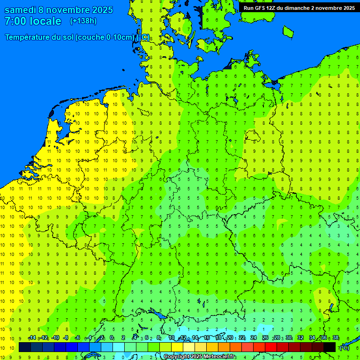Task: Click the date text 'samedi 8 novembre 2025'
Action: [59, 10]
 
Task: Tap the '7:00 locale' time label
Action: [33, 21]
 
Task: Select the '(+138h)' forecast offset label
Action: [83, 21]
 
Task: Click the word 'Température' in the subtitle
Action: [29, 37]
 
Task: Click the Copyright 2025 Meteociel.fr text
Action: [200, 357]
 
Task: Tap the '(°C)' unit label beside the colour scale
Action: [345, 347]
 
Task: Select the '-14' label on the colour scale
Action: [32, 338]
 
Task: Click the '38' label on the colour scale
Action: [335, 338]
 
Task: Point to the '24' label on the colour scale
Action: [254, 338]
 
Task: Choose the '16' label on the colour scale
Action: [207, 338]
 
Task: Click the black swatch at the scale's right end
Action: [330, 347]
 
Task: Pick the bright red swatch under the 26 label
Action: [271, 347]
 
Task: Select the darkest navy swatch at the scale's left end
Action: [25, 347]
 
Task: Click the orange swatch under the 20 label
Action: [236, 347]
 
